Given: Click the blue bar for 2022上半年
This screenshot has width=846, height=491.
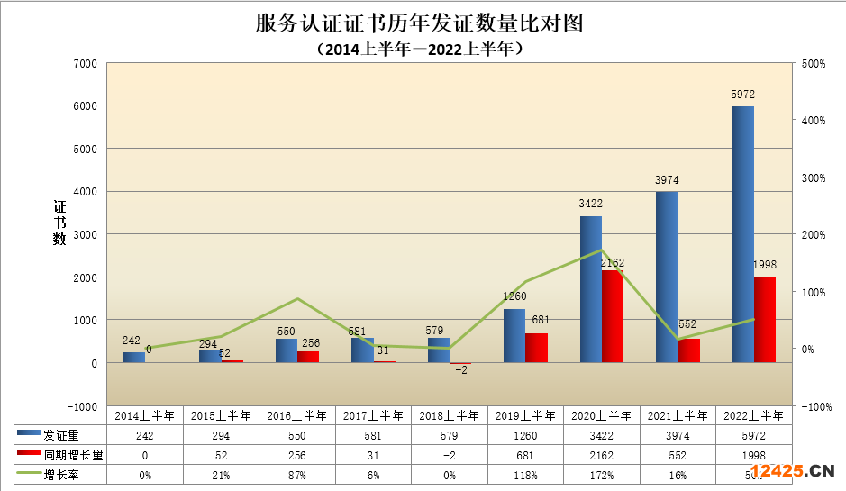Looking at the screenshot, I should pos(742,234).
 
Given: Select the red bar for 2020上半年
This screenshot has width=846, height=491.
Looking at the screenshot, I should pos(612,316).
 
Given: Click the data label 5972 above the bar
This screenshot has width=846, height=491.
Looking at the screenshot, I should pos(742,95).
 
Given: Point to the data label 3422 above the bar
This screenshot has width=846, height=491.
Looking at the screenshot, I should pos(590,204).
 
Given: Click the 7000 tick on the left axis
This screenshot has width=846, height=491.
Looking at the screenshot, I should pos(86,63).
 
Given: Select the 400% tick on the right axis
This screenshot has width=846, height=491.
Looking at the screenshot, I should pos(813,121).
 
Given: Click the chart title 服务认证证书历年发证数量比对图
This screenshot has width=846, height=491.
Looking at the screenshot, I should pos(420,23).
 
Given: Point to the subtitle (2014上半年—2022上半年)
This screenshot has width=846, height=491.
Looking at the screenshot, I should pos(420,50).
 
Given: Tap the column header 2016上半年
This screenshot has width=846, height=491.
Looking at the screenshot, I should pos(296,415).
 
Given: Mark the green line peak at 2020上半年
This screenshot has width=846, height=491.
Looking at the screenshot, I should pos(601,250).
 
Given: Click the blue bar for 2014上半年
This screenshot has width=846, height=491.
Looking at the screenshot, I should pos(133,357).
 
